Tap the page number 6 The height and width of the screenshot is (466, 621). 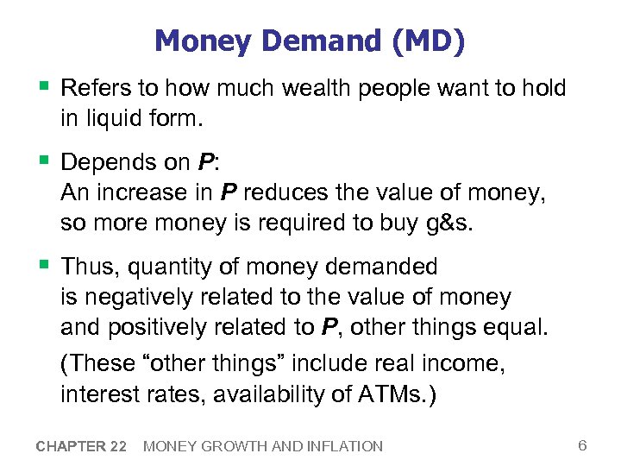coord(582,445)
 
